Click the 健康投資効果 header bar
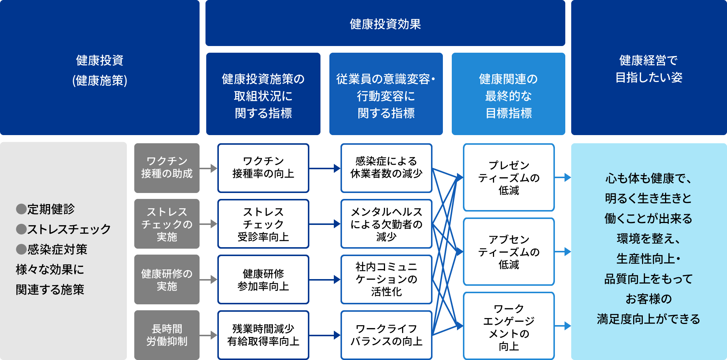pos(385,24)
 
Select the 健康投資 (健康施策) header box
pos(99,70)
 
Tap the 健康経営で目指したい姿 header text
pos(648,69)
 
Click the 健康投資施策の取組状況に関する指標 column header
pos(263,95)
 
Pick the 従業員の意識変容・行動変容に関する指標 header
pos(386,95)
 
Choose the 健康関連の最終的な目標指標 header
pos(508,95)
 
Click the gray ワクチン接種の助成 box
pos(167,168)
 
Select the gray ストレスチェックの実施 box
pos(167,224)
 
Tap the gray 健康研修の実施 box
pos(167,279)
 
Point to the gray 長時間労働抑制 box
pos(167,335)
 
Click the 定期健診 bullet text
pos(51,209)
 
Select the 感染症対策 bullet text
pos(57,249)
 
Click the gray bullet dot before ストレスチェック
pos(21,229)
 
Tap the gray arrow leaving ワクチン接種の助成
pos(208,168)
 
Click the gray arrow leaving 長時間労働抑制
pos(208,335)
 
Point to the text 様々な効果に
pos(50,269)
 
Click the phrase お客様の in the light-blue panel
pos(648,299)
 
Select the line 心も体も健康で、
pos(648,179)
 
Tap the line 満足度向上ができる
pos(648,319)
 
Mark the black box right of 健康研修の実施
pos(263,279)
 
